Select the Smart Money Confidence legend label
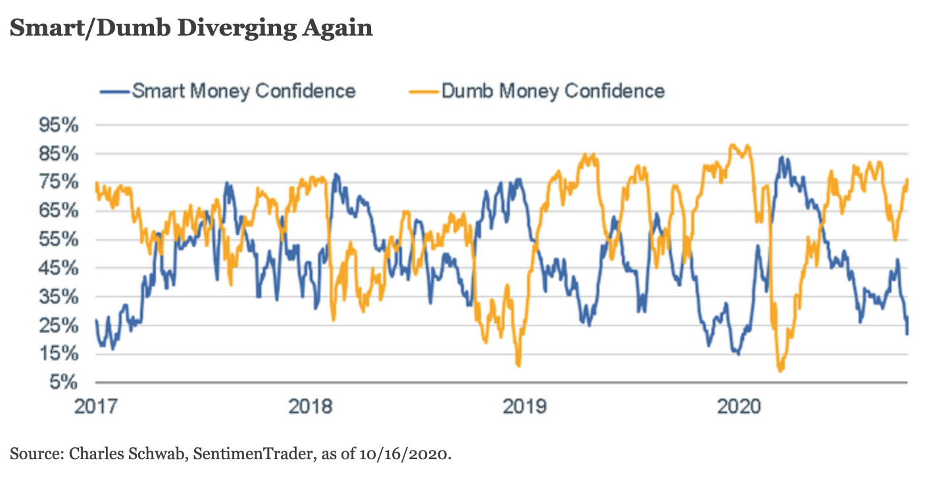click(x=243, y=90)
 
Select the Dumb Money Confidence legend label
click(x=553, y=90)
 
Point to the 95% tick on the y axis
click(x=61, y=125)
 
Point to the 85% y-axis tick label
click(x=61, y=154)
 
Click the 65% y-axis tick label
click(x=61, y=211)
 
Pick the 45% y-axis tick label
click(x=61, y=268)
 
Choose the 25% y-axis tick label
click(x=61, y=325)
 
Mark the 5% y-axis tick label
click(x=66, y=382)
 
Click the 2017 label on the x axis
click(x=97, y=406)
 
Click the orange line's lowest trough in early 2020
click(x=781, y=371)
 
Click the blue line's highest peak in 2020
click(x=781, y=157)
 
